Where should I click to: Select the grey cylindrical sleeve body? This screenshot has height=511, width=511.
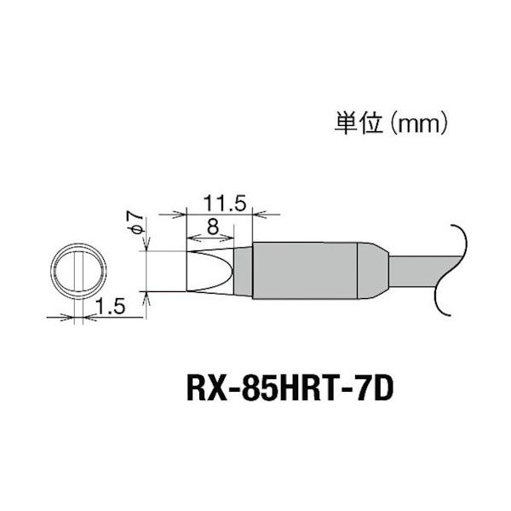[x=306, y=272]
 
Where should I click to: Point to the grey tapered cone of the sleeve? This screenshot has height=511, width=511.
[x=373, y=272]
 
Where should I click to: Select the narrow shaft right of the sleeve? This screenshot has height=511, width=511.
[x=413, y=272]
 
